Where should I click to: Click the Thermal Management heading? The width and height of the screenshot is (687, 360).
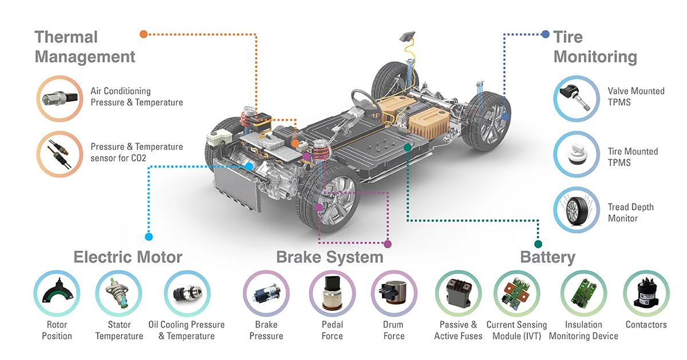coord(85,46)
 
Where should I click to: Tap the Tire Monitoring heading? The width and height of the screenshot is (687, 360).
coord(595,46)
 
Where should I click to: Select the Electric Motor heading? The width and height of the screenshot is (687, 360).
coord(128,257)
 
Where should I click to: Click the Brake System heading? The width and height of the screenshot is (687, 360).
coord(330,258)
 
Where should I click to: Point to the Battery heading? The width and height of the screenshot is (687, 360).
coord(548,258)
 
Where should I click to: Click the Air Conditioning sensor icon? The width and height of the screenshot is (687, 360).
coord(60,98)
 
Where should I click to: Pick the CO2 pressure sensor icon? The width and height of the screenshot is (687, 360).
coord(60,154)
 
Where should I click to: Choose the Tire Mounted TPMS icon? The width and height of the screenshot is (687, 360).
coord(577,154)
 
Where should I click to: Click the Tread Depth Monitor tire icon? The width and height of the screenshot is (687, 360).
coord(577,209)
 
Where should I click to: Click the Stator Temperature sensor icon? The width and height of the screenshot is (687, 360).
coord(119,293)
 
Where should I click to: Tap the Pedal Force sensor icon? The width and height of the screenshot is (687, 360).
coord(332,293)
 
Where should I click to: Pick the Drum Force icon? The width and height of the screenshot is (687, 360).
coord(394,293)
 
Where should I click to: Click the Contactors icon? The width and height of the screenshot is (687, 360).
coord(646,293)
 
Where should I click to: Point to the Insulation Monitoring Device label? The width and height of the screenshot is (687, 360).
coord(583,330)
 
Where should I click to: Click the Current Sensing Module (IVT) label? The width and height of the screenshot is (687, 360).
coord(517,330)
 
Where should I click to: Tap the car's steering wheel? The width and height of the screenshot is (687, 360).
coord(363,102)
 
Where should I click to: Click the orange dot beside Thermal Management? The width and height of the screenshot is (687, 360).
coord(144,34)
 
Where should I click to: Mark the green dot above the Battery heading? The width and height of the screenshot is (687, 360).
coord(538,244)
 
